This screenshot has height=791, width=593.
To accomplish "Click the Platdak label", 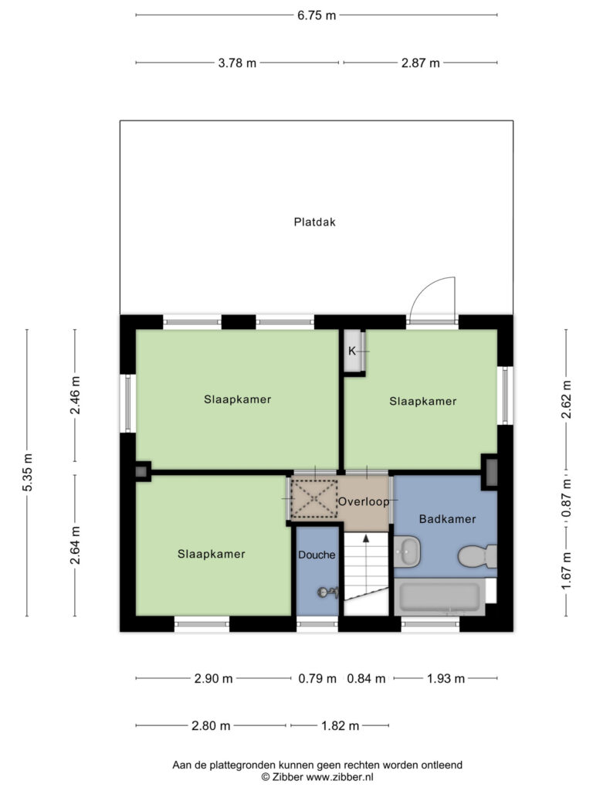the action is pyautogui.click(x=315, y=222).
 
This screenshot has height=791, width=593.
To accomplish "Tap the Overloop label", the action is pyautogui.click(x=364, y=502).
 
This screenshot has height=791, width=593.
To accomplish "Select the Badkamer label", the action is pyautogui.click(x=447, y=518).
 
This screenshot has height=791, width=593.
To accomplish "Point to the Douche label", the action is pyautogui.click(x=317, y=555).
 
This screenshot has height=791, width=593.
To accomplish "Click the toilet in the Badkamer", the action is pyautogui.click(x=477, y=556).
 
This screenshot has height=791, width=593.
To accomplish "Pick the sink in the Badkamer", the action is pyautogui.click(x=407, y=552).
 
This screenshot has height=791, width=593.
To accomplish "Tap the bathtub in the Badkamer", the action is pyautogui.click(x=439, y=596).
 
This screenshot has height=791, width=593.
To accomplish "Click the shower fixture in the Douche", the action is pyautogui.click(x=327, y=592).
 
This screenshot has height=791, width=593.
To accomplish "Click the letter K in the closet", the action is pyautogui.click(x=352, y=351).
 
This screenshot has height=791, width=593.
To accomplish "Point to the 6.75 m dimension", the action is pyautogui.click(x=316, y=15).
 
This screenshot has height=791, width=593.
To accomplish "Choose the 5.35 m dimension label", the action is pyautogui.click(x=28, y=472).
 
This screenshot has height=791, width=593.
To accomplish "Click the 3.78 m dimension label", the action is pyautogui.click(x=237, y=63).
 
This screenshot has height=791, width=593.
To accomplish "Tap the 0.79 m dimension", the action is pyautogui.click(x=317, y=678).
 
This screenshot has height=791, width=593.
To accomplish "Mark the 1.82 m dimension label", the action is pyautogui.click(x=341, y=726).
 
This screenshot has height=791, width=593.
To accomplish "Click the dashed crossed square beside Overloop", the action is pyautogui.click(x=315, y=499).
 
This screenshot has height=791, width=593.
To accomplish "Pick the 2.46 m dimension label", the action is pyautogui.click(x=75, y=395).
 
